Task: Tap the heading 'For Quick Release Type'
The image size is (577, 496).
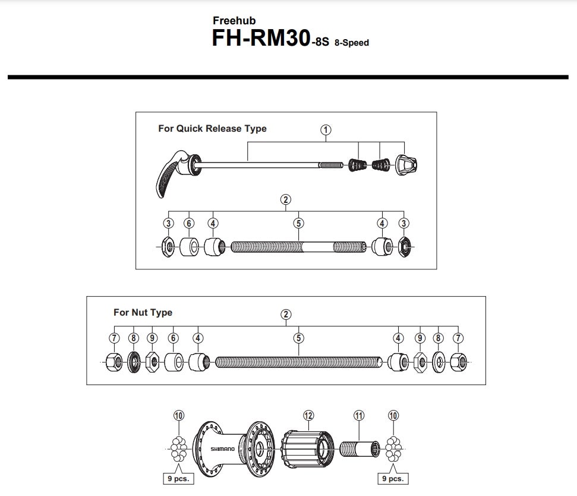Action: [212, 128]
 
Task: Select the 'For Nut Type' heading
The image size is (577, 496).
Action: [143, 312]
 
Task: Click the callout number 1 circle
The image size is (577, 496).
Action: [326, 130]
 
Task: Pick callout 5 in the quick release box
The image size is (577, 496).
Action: [299, 223]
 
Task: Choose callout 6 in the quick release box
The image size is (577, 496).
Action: [189, 223]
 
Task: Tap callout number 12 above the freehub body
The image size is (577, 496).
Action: [308, 415]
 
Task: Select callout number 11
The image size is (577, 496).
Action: [358, 415]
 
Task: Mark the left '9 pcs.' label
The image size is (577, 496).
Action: [178, 478]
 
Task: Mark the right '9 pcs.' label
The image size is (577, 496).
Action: [393, 478]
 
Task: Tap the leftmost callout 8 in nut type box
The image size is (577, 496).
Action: [133, 338]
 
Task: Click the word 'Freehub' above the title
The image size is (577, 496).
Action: [234, 21]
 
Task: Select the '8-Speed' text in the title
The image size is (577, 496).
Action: [352, 43]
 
